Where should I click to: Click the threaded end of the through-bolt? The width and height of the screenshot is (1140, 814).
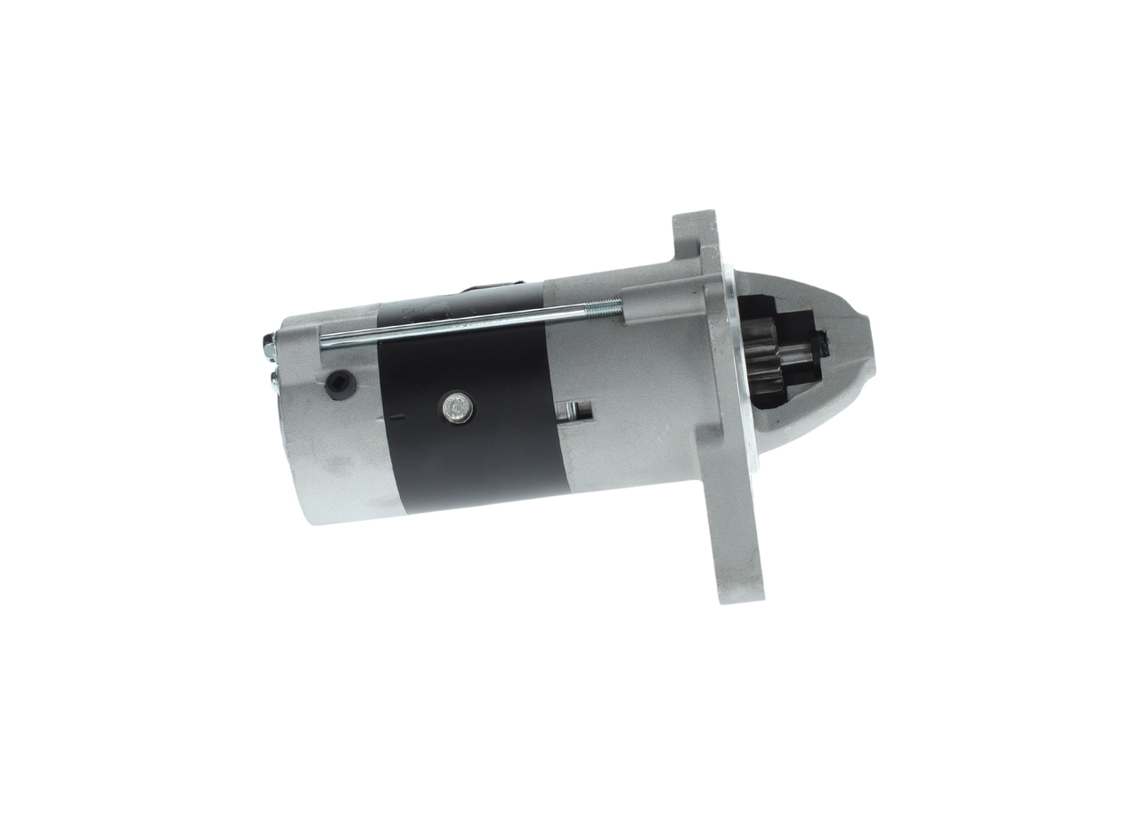click(x=606, y=307)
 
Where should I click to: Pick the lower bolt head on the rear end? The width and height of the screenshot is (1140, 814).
click(x=273, y=382)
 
